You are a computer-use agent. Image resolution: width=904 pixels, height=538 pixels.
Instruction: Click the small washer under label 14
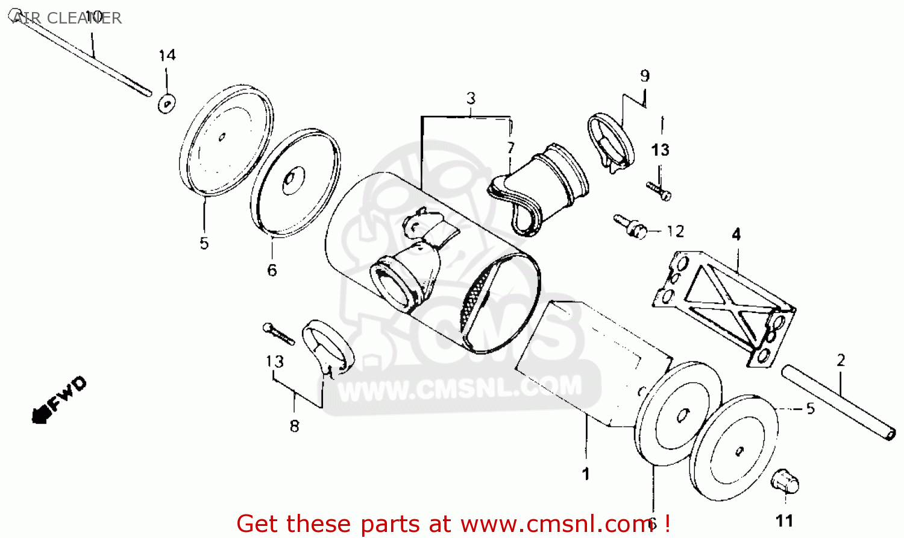point(166,104)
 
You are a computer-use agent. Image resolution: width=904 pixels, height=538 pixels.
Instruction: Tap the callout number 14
point(167,55)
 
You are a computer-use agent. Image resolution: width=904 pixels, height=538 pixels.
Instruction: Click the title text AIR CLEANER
point(66,17)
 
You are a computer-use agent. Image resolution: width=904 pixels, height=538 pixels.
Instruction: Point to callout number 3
point(471,98)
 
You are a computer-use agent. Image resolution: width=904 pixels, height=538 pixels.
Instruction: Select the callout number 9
point(644,75)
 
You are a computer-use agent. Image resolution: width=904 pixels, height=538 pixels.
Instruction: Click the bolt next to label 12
point(630,227)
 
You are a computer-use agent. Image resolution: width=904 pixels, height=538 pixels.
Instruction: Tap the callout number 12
point(676,232)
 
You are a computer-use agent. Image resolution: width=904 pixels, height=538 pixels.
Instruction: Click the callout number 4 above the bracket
point(736,234)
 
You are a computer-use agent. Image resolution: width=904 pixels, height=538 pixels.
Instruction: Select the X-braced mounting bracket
point(724,309)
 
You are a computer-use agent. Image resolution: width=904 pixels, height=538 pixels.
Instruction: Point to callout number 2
point(841,360)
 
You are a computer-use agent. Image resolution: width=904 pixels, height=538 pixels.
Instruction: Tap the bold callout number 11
point(785,521)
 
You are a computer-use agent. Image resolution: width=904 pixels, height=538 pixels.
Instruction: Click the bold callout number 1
point(586,474)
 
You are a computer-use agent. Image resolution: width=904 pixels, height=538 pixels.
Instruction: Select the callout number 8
point(294,426)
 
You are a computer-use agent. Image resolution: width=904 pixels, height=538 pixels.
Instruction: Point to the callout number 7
point(510,148)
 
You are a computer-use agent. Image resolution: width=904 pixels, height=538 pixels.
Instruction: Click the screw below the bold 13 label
point(659,191)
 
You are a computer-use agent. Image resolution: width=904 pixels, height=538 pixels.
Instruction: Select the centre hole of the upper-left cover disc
point(222,138)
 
